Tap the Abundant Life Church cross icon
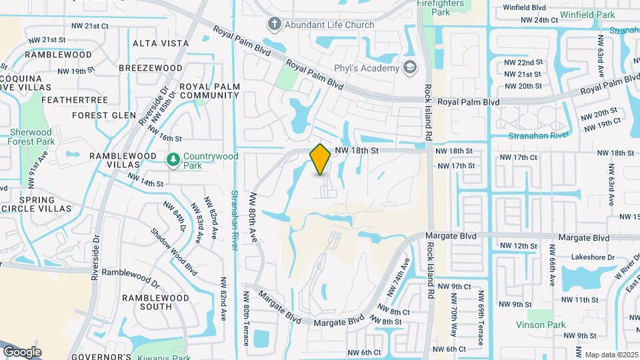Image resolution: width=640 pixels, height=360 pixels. (273, 25)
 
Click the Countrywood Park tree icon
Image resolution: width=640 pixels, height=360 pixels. (173, 159)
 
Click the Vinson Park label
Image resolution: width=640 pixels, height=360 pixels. (540, 325)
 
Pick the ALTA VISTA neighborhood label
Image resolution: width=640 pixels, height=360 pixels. (161, 43)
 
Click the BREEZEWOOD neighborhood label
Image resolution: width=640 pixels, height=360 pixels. (151, 68)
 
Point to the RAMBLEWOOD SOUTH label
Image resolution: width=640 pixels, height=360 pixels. (147, 302)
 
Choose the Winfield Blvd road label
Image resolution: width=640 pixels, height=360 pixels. (525, 7)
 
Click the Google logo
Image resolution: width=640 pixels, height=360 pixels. (22, 351)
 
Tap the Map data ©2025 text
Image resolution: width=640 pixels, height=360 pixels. (610, 354)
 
